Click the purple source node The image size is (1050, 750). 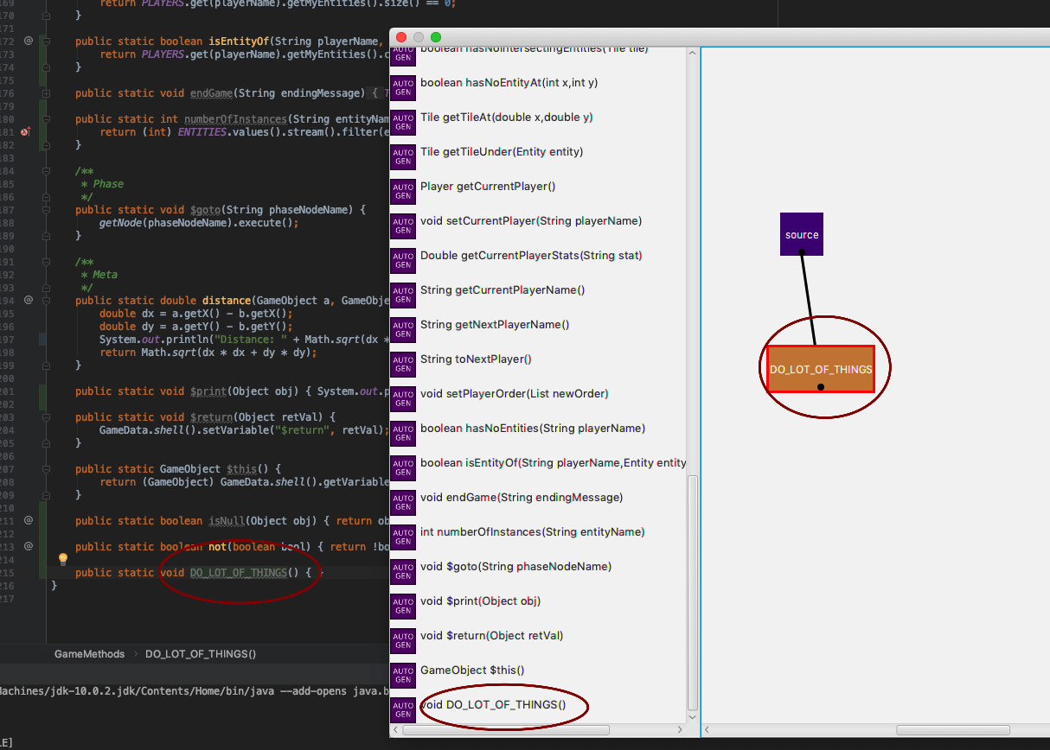[x=801, y=233]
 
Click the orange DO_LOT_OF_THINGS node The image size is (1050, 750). [x=821, y=368]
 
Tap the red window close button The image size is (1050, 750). [x=401, y=37]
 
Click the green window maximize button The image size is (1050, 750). [x=436, y=37]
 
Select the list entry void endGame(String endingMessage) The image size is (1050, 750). [x=521, y=497]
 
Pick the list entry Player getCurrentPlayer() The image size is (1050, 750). [x=487, y=186]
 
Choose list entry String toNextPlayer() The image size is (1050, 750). [x=476, y=359]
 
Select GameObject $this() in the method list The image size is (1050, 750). [x=471, y=670]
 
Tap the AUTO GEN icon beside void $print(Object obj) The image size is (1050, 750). [x=403, y=606]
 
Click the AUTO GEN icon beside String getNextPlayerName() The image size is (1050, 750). [x=403, y=329]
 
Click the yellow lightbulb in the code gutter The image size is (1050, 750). [x=62, y=559]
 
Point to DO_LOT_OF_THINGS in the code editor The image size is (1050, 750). [x=238, y=572]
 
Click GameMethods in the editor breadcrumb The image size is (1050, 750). [x=89, y=654]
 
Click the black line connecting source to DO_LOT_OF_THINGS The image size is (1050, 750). [x=808, y=298]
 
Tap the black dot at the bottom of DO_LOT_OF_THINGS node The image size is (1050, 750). [x=820, y=387]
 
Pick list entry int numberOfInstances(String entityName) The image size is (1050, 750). [x=532, y=531]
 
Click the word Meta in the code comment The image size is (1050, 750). [x=108, y=274]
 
